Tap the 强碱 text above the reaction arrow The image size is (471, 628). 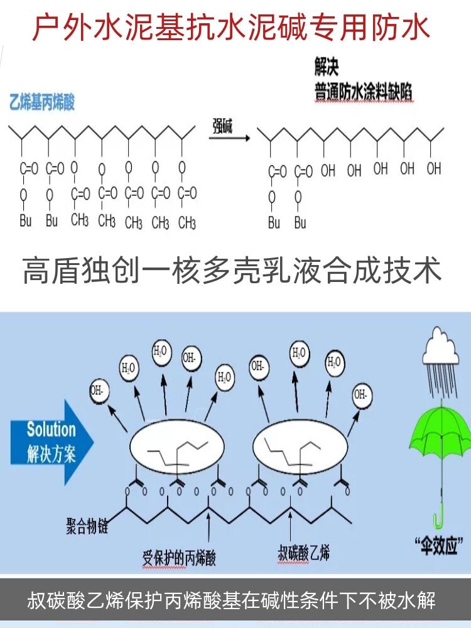click(222, 127)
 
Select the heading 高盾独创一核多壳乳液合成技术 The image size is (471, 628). click(232, 271)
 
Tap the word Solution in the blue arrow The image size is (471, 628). click(51, 430)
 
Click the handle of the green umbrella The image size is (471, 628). click(438, 512)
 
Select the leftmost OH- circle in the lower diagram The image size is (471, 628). click(99, 389)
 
